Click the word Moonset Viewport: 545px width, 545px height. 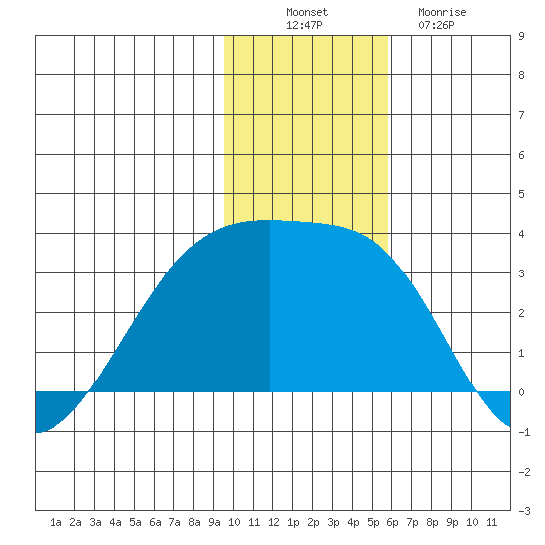click(x=307, y=13)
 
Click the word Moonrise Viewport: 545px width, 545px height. click(x=442, y=13)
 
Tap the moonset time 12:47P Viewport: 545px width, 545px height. click(x=304, y=25)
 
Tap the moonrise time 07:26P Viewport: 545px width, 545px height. click(x=436, y=25)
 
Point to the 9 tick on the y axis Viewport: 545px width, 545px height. click(x=521, y=36)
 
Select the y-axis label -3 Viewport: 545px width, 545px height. click(x=524, y=511)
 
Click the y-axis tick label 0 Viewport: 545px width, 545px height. click(x=521, y=392)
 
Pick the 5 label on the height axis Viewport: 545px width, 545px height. click(x=521, y=194)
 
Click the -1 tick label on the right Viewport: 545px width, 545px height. click(x=524, y=432)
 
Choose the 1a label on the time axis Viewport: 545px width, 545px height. click(x=55, y=522)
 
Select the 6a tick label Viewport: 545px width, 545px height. click(x=155, y=522)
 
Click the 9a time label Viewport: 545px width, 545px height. click(x=214, y=522)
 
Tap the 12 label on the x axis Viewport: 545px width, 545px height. click(x=273, y=522)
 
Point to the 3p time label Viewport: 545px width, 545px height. click(x=333, y=522)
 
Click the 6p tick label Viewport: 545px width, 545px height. click(x=392, y=522)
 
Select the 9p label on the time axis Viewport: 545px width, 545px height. click(x=452, y=522)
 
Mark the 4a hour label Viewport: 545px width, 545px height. click(x=115, y=522)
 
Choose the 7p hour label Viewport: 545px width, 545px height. click(x=412, y=522)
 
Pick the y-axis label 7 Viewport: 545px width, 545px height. click(x=521, y=115)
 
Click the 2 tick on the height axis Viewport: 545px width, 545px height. click(x=521, y=313)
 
